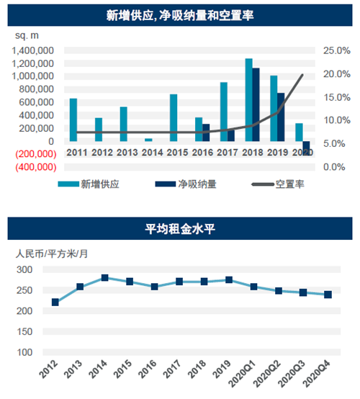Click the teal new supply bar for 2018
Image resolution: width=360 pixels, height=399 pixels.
click(249, 99)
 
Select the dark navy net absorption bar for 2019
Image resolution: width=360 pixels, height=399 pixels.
click(281, 117)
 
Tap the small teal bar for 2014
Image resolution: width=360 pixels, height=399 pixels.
click(148, 140)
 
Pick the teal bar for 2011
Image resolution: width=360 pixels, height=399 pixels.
click(73, 120)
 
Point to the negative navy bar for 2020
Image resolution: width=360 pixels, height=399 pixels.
click(306, 148)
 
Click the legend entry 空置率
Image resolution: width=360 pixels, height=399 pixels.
click(278, 184)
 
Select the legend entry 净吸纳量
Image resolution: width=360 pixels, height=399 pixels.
click(186, 184)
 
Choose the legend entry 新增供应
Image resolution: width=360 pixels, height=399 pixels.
click(89, 184)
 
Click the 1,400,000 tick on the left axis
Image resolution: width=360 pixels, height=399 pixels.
click(33, 50)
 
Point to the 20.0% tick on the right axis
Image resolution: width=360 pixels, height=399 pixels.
click(337, 74)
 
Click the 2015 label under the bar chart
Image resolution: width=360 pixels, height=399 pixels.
click(177, 153)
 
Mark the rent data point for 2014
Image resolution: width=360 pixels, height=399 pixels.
click(105, 277)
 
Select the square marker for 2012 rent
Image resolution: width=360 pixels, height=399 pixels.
click(55, 302)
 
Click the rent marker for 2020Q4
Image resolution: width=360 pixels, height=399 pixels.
click(328, 295)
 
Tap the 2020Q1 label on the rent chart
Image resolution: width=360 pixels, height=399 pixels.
click(243, 373)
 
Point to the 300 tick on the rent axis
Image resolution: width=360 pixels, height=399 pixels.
click(24, 269)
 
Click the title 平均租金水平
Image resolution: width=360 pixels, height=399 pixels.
click(180, 229)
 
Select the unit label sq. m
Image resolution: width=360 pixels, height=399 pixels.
click(27, 35)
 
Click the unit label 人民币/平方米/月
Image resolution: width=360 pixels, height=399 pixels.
click(52, 254)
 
